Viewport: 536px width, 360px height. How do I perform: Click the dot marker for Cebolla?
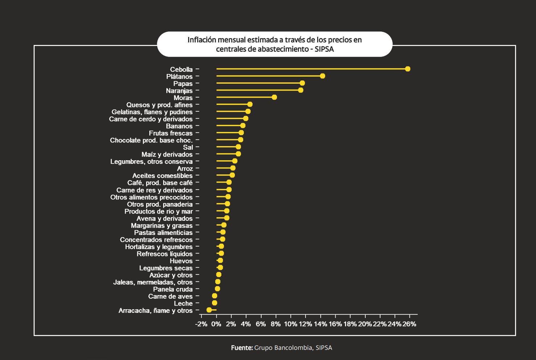407,69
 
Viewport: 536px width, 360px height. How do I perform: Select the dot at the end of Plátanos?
322,76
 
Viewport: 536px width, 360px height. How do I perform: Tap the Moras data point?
274,97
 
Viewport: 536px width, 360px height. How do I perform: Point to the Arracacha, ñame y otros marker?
209,310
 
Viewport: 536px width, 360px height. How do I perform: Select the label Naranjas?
179,91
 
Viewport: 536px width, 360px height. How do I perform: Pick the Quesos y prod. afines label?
159,105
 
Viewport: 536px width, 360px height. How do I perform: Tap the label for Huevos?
181,261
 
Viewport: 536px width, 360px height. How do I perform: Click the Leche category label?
183,303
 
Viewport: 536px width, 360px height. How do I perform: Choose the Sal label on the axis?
188,147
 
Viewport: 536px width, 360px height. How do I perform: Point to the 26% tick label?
409,324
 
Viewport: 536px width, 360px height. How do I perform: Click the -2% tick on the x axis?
201,324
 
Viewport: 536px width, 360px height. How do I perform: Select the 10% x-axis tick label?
290,324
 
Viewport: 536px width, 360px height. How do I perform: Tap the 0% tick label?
216,324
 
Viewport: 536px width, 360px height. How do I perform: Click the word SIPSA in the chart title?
324,49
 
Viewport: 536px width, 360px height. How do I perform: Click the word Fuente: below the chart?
242,348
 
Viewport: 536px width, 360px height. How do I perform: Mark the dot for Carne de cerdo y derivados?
245,119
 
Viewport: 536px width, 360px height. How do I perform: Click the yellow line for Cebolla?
312,69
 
